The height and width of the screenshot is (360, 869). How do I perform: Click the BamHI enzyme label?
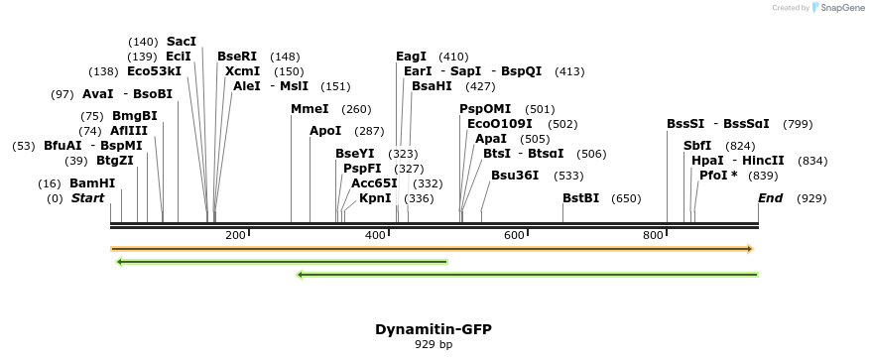[91, 183]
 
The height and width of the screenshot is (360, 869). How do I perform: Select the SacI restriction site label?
[182, 42]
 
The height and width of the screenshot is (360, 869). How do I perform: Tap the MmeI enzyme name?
[310, 109]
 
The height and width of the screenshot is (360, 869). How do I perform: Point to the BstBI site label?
[580, 198]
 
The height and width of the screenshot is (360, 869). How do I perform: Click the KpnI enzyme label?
[375, 198]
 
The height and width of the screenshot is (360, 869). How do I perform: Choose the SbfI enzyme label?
[697, 146]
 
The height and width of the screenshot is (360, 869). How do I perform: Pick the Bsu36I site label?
[515, 176]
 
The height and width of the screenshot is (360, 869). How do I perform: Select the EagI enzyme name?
[411, 57]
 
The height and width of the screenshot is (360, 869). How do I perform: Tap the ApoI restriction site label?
[324, 131]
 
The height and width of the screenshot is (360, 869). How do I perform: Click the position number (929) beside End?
[811, 198]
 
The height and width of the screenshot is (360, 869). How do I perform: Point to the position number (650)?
[626, 198]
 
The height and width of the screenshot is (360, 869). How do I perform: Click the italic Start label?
[87, 198]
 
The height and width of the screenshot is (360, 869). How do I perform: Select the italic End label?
[770, 198]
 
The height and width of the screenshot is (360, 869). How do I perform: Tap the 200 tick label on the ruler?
[235, 235]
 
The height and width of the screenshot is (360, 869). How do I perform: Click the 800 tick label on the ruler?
[653, 235]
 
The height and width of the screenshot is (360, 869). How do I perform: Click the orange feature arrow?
[432, 249]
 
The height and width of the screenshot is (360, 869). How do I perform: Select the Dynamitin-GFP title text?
[433, 329]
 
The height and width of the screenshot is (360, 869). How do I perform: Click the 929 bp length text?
[433, 345]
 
